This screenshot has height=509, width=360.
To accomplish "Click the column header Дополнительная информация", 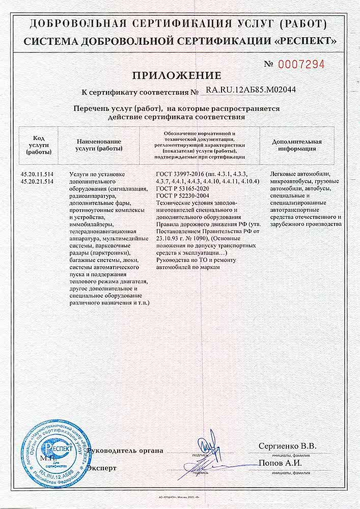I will (297, 145).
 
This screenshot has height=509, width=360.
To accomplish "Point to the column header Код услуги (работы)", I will (39, 145).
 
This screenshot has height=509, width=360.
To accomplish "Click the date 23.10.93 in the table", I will (169, 239).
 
